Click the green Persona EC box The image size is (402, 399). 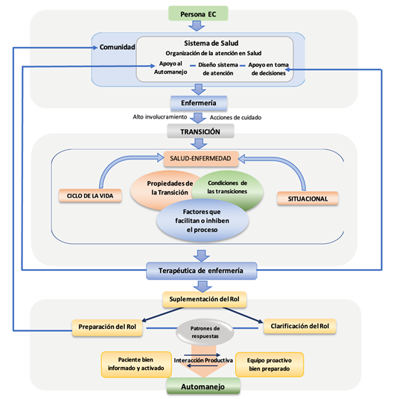point(198,13)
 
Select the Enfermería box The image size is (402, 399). point(199,103)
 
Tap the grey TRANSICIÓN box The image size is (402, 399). point(200,131)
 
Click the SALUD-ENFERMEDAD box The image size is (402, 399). point(201,159)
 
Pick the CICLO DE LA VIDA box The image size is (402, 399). point(90,196)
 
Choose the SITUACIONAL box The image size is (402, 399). point(307,198)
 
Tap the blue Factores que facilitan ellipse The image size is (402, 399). point(202,221)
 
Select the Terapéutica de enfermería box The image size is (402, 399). point(201,271)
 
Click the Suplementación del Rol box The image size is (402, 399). point(204,299)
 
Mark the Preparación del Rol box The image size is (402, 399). point(107,327)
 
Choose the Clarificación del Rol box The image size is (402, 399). point(300,326)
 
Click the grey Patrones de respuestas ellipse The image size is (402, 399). point(205,332)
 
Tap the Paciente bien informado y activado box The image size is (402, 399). point(136,364)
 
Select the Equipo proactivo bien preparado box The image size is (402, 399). point(269,365)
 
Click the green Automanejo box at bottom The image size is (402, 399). point(203,386)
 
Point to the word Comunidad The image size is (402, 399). point(117,47)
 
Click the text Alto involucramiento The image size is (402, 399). point(160,117)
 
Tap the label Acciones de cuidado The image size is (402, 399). point(235,118)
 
